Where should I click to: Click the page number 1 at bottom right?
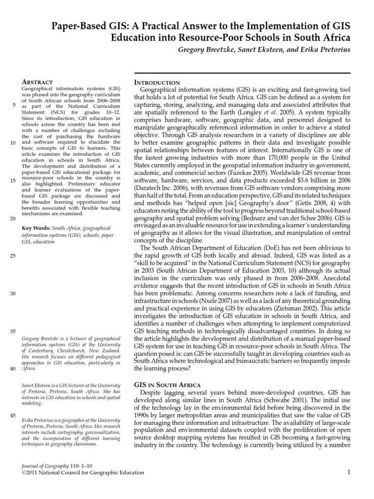[349, 472]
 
